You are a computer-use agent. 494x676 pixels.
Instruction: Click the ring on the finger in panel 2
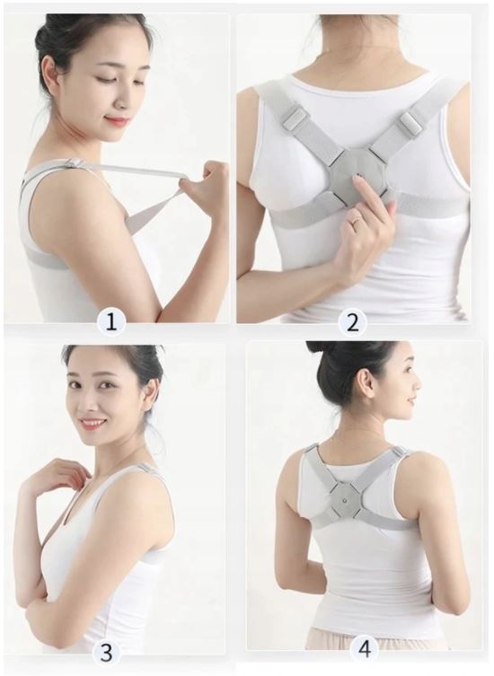[x=357, y=219]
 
